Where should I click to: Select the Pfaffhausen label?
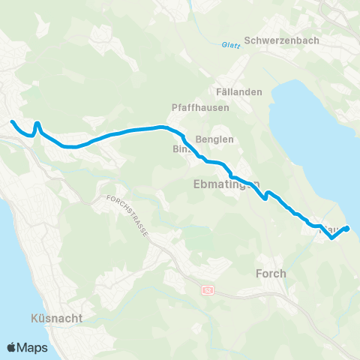[x=200, y=107]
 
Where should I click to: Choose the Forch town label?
[x=271, y=273]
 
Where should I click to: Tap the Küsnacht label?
[x=57, y=318]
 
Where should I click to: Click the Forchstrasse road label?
[x=128, y=217]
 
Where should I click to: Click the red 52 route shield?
[x=207, y=289]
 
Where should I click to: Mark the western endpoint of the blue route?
[x=11, y=122]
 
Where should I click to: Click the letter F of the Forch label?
[x=259, y=273]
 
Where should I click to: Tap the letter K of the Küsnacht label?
[x=36, y=318]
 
